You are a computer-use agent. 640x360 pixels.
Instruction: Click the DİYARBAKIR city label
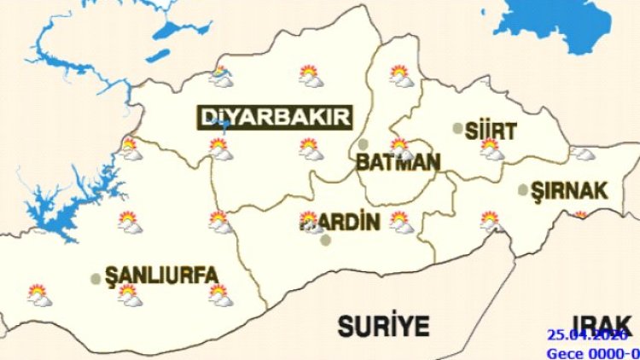275,118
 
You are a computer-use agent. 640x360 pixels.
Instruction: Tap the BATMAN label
399,163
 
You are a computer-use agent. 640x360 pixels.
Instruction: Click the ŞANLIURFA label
160,276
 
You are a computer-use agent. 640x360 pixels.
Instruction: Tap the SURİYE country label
383,325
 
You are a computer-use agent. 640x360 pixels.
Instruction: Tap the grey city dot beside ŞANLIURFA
96,278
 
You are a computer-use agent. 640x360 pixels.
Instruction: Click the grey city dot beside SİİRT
458,129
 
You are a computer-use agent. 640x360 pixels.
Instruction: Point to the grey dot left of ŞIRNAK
523,190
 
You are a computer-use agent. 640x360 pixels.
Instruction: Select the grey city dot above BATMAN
364,144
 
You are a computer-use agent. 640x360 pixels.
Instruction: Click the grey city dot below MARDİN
324,241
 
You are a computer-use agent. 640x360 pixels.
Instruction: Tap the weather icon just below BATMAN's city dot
399,148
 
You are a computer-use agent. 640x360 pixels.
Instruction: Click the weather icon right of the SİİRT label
491,149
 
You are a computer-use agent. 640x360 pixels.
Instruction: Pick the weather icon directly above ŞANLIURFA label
130,223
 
